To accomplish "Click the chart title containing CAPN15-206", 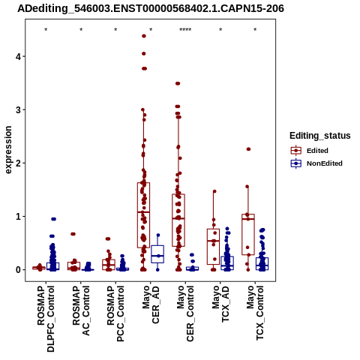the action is (151, 9).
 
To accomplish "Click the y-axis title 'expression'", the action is (8, 150).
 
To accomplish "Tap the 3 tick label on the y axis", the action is (18, 109).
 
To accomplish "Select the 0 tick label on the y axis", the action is (18, 270).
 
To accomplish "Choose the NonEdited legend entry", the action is (316, 163).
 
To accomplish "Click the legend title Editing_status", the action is (320, 136).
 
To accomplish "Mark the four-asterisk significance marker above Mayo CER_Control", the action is (185, 30).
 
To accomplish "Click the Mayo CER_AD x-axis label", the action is (151, 304).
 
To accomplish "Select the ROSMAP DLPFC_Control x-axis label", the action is (46, 319).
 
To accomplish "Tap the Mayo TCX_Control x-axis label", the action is (255, 313).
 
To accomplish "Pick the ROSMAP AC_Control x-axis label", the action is (81, 310).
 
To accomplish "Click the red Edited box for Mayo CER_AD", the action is (143, 215).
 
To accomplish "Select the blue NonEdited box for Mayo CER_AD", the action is (157, 254).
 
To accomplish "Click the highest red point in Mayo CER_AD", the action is (144, 36).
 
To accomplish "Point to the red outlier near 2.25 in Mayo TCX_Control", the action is (248, 149).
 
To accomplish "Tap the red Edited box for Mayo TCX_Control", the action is (248, 234).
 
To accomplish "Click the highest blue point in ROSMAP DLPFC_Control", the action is (53, 219).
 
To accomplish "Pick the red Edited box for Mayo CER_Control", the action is (178, 220).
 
